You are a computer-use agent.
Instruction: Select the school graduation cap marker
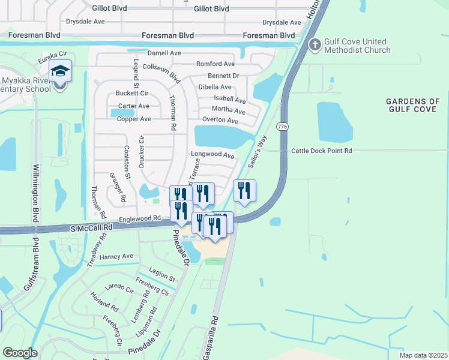click(x=61, y=71)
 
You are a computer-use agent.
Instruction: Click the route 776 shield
click(x=281, y=127)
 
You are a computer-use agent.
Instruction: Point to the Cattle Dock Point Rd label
click(x=321, y=151)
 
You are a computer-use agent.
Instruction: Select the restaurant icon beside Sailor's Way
click(x=244, y=191)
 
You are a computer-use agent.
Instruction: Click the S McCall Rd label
click(x=91, y=229)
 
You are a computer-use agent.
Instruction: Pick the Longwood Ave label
click(x=212, y=155)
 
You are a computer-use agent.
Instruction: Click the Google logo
click(x=20, y=353)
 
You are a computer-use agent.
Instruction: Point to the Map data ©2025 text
click(x=423, y=355)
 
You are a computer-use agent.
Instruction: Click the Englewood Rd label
click(x=141, y=219)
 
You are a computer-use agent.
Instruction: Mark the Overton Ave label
click(x=220, y=121)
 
